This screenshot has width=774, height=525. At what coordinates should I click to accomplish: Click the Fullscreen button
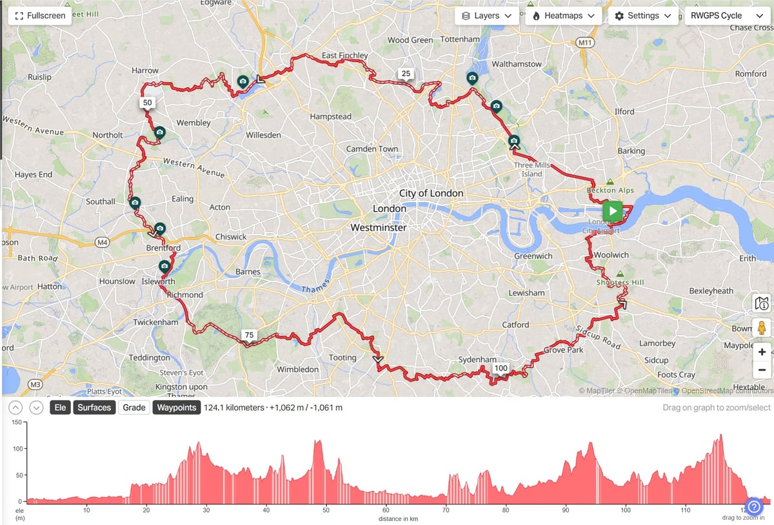[x=40, y=15]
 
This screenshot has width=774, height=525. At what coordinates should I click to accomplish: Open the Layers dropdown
[x=487, y=15]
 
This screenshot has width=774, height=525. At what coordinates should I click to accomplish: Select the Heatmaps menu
[x=563, y=15]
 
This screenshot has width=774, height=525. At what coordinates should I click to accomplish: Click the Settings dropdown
[x=642, y=15]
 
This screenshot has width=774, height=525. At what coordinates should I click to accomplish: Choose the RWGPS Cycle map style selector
[x=726, y=15]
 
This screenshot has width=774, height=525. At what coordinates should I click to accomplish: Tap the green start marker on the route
[x=612, y=211]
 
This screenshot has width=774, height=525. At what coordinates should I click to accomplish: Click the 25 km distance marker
[x=406, y=74]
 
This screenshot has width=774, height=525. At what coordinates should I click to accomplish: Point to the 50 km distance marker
[x=148, y=103]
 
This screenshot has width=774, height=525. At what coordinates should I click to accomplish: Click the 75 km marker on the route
[x=249, y=335]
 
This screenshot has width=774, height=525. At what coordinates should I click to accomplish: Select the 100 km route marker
[x=501, y=368]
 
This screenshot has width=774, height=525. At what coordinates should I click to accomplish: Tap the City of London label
[x=431, y=193]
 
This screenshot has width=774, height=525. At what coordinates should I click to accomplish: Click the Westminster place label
[x=379, y=228]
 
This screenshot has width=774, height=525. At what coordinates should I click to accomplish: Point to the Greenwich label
[x=533, y=256]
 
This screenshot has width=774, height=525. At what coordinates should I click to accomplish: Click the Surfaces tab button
[x=94, y=407]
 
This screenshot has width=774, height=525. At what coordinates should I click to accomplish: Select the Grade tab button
[x=134, y=407]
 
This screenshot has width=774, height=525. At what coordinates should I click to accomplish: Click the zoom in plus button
[x=762, y=352]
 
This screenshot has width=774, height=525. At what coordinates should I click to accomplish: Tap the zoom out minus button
[x=762, y=370]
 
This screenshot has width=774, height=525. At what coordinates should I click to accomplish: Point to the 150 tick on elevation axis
[x=17, y=422]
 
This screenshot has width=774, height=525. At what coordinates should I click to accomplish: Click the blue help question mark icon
[x=754, y=506]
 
